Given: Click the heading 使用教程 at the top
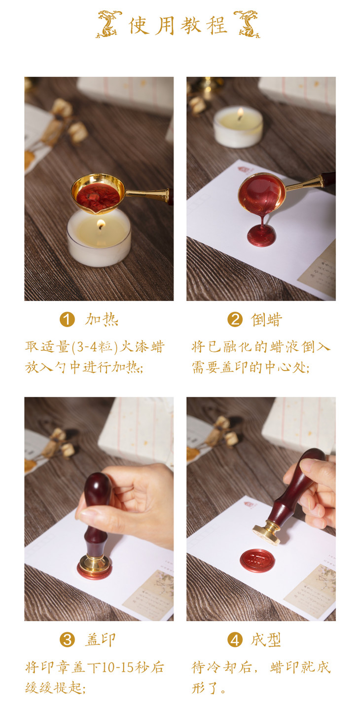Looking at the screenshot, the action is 178,25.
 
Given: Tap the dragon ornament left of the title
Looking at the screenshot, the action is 109,24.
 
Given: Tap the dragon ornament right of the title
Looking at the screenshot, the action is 247,24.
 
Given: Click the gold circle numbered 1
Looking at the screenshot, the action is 67,319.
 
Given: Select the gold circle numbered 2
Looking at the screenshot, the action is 235,319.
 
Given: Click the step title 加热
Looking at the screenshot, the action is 102,319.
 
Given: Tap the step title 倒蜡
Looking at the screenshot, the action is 266,319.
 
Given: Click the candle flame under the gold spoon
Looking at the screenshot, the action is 101,224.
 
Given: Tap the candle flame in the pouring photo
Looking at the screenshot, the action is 241,113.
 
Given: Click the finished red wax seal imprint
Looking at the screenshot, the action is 257,560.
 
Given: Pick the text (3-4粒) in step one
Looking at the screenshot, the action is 95,347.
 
